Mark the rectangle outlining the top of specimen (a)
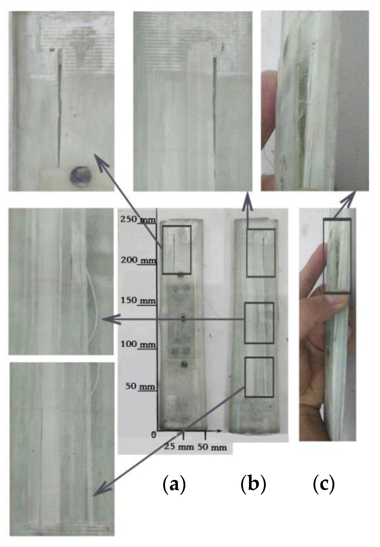pyautogui.click(x=177, y=250)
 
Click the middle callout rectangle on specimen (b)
pyautogui.click(x=259, y=323)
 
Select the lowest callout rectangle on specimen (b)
pyautogui.click(x=259, y=377)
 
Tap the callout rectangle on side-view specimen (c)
pyautogui.click(x=337, y=256)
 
